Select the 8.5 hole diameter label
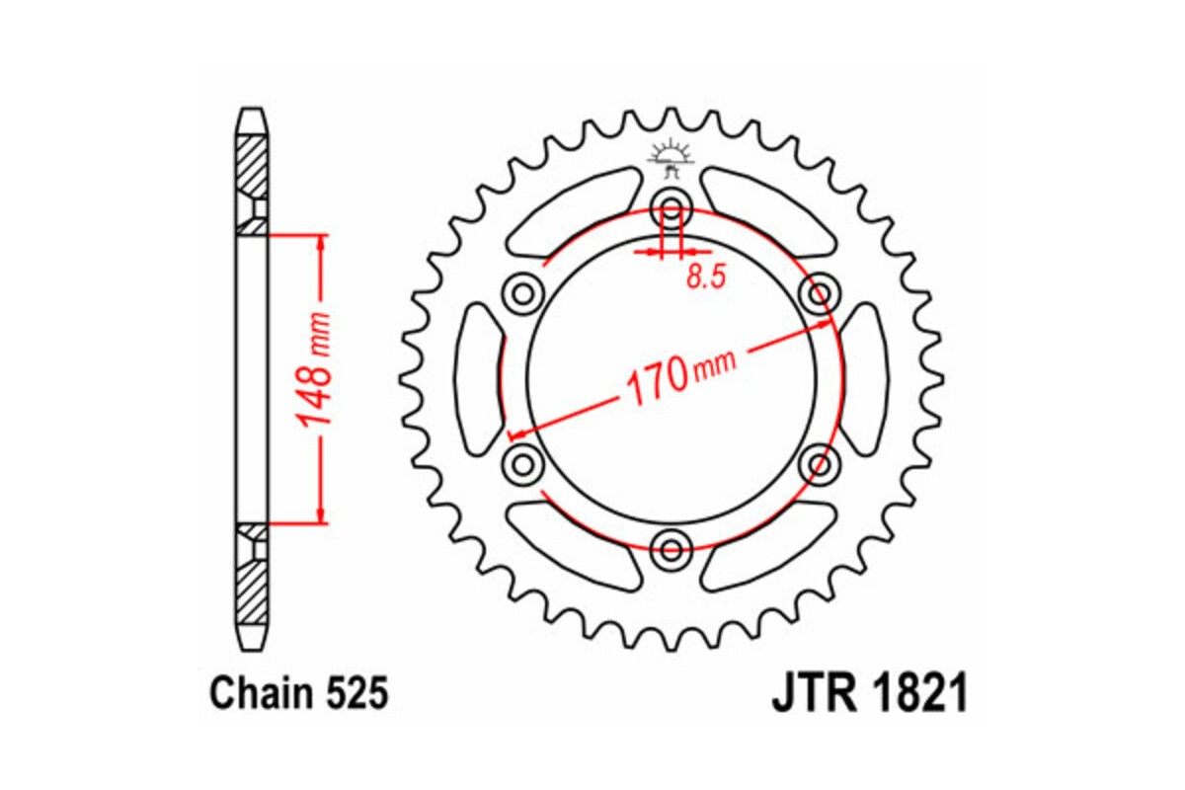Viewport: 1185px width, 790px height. (x=705, y=277)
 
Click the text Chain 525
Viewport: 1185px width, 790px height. (x=298, y=694)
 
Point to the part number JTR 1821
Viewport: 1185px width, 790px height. (x=869, y=694)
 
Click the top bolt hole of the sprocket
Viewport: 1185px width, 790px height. (x=672, y=209)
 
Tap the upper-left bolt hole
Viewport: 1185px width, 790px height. (x=522, y=292)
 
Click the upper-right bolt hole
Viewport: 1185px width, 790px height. (x=820, y=292)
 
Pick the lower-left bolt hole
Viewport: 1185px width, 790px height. (x=522, y=462)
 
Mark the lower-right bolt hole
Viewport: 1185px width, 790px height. (x=820, y=462)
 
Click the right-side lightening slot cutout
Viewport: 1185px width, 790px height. (x=863, y=378)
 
